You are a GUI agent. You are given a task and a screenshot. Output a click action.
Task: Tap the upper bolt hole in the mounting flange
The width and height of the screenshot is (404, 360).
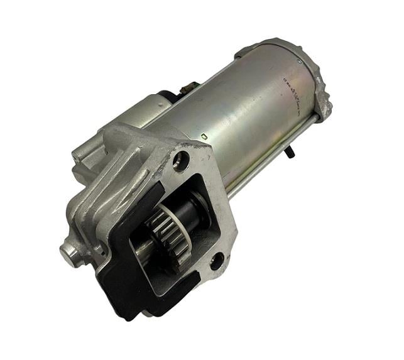coord(181,160)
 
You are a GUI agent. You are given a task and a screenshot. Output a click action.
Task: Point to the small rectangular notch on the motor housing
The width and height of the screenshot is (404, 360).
coord(205,136)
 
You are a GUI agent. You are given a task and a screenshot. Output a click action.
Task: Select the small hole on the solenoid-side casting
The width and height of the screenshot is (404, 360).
coord(79,154)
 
